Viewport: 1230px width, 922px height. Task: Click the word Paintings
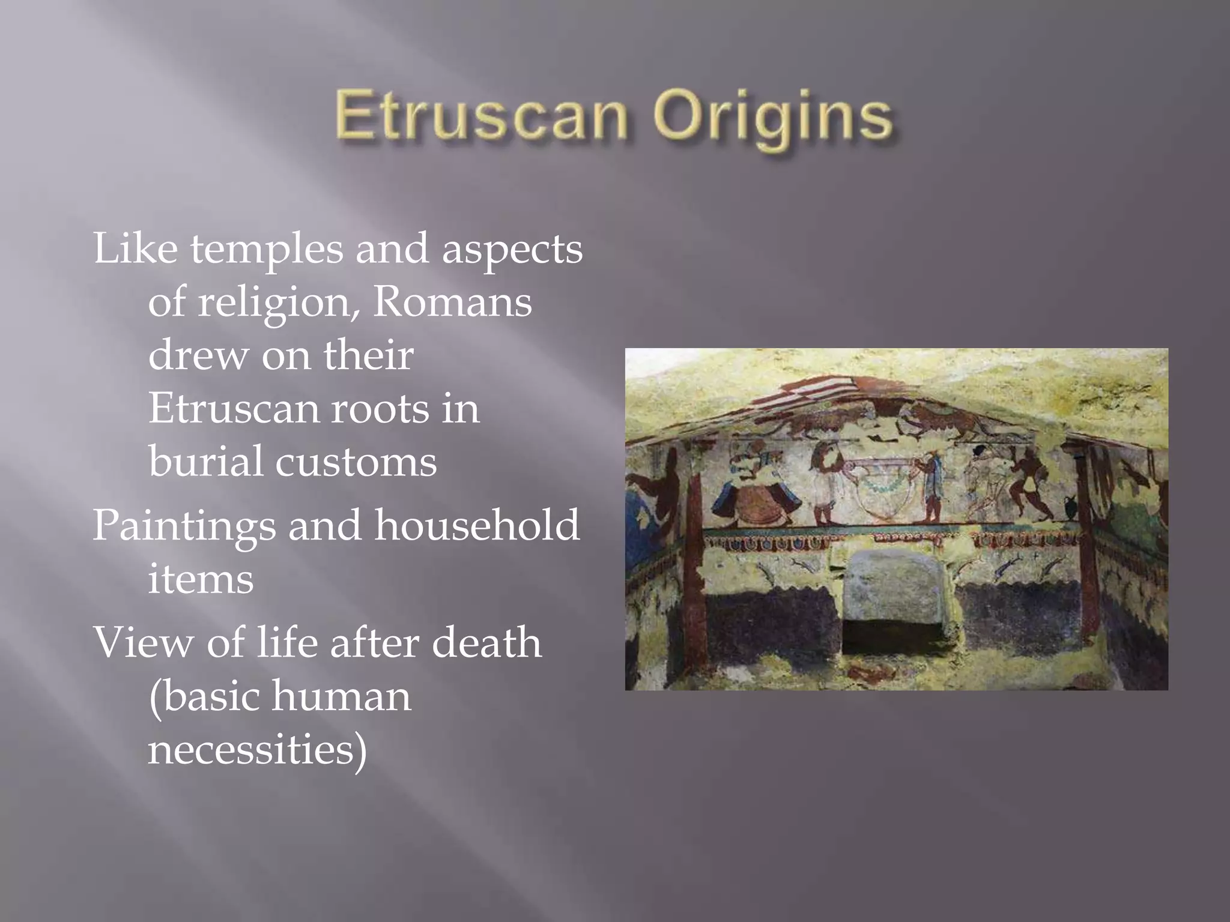point(184,526)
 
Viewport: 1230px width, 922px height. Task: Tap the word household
point(477,526)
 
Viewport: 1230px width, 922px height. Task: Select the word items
point(201,579)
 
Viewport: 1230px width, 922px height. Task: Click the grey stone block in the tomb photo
point(892,587)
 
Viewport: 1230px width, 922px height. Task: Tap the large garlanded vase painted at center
point(882,489)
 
